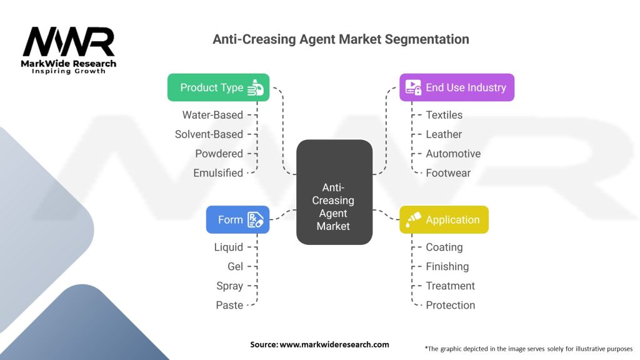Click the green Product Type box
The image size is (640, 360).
(x=218, y=87)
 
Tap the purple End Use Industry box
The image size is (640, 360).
(x=457, y=87)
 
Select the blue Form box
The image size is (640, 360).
(x=237, y=219)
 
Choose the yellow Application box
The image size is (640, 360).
(x=444, y=219)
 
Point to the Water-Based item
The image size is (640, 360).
(x=212, y=115)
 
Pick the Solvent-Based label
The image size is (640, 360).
(x=209, y=134)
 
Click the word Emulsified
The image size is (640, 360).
(x=218, y=173)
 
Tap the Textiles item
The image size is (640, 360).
(x=444, y=115)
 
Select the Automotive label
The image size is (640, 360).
(x=453, y=154)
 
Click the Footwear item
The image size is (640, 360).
(x=448, y=173)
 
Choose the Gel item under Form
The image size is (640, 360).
(x=235, y=267)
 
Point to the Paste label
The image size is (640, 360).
(x=229, y=306)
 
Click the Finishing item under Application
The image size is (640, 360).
(x=447, y=267)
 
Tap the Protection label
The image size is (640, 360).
(x=450, y=306)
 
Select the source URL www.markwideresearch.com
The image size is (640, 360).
(x=319, y=344)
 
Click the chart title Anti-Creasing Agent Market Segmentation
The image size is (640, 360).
(x=341, y=39)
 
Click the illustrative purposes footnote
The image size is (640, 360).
(x=528, y=348)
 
